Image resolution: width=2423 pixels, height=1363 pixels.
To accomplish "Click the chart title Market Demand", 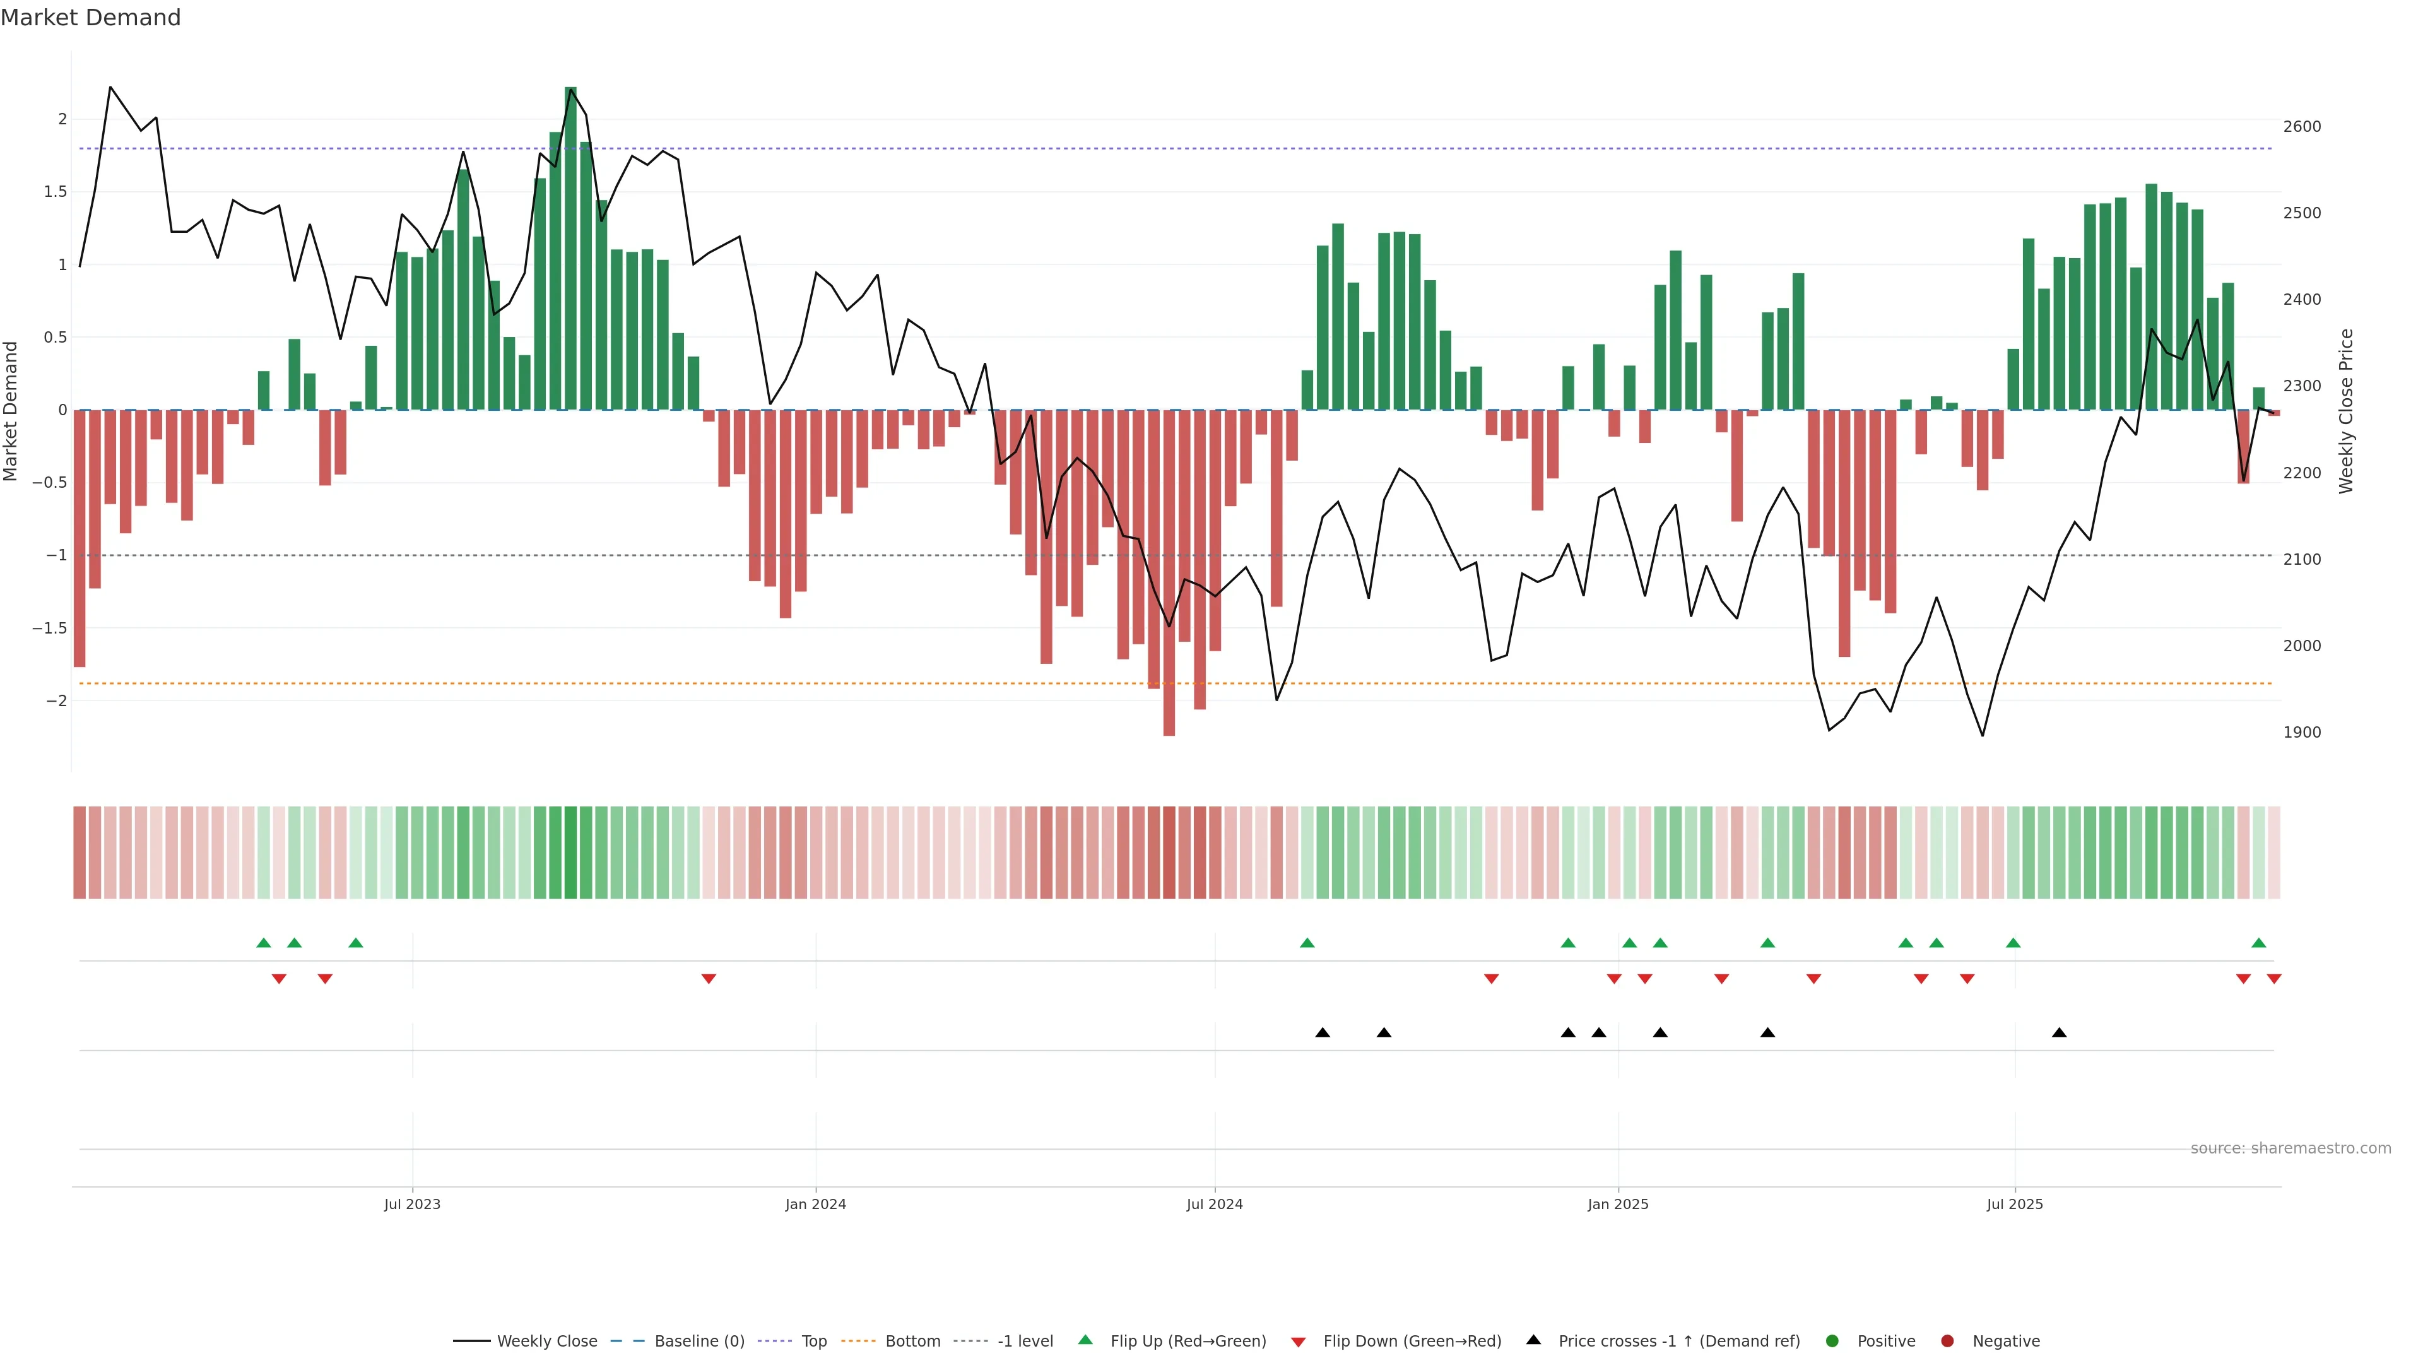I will coord(90,18).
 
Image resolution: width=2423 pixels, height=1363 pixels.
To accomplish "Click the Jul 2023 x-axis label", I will coord(412,1204).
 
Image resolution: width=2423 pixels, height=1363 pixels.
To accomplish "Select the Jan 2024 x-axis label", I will coord(815,1204).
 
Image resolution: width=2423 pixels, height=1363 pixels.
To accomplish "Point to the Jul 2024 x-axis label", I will coord(1214,1204).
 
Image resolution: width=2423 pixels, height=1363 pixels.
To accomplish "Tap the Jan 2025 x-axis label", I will coord(1618,1204).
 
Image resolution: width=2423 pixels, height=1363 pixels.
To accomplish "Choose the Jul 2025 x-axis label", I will coord(2015,1204).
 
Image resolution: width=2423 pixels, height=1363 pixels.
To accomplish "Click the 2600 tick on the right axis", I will coord(2302,127).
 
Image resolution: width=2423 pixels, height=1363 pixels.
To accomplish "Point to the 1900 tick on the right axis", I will coord(2302,733).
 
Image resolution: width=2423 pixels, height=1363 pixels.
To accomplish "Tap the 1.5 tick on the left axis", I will coord(56,192).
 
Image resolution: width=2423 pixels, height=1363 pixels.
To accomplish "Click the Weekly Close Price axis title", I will coord(2346,411).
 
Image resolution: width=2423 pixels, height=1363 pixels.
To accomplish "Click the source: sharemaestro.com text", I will coord(2290,1148).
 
